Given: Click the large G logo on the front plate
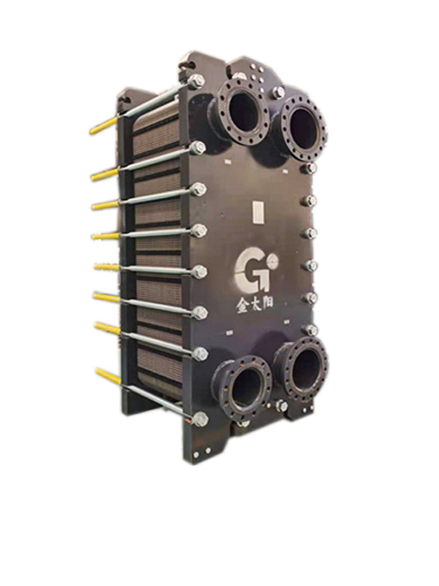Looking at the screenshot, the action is pyautogui.click(x=251, y=271).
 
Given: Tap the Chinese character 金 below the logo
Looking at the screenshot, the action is pyautogui.click(x=242, y=306).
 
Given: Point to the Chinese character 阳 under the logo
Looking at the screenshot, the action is pyautogui.click(x=267, y=300).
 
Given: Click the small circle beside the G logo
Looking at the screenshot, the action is pyautogui.click(x=273, y=258).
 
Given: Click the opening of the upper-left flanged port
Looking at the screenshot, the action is pyautogui.click(x=242, y=112).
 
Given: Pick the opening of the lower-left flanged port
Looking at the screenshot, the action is pyautogui.click(x=246, y=388).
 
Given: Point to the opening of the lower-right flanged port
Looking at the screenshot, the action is pyautogui.click(x=305, y=369).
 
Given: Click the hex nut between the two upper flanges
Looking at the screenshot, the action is pyautogui.click(x=278, y=92).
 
